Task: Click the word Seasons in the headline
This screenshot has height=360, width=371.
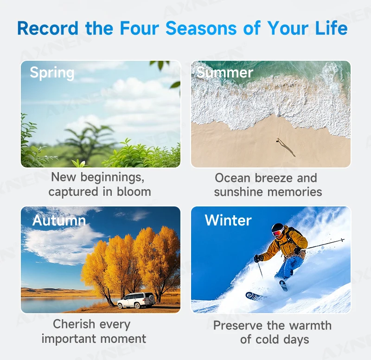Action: [x=201, y=28]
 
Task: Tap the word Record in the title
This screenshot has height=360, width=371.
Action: [x=48, y=28]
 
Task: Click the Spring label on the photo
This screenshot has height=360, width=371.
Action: [x=52, y=72]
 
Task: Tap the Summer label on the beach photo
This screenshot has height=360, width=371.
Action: [x=225, y=72]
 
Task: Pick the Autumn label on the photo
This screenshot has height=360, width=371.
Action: [x=59, y=220]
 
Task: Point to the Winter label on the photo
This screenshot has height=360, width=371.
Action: [x=228, y=220]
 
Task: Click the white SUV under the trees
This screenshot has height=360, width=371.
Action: [x=136, y=300]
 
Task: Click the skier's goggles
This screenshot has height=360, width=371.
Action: [x=278, y=232]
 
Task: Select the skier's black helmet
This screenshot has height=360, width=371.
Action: [x=277, y=228]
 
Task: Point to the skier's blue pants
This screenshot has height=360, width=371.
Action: [x=289, y=268]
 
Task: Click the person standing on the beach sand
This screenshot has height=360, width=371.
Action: [x=277, y=141]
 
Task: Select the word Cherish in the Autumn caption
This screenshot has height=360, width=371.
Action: [x=74, y=324]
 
